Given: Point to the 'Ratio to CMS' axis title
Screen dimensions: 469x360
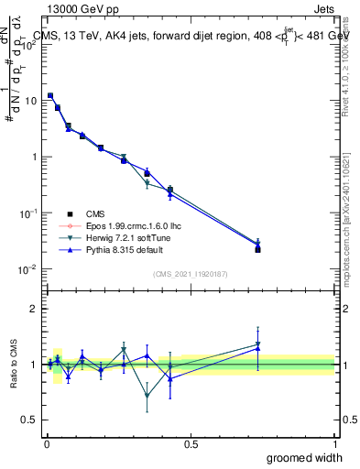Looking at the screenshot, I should click(x=14, y=364).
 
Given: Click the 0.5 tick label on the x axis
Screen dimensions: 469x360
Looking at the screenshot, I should click(x=191, y=443).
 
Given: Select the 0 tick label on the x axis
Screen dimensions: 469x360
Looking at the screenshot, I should click(x=47, y=443).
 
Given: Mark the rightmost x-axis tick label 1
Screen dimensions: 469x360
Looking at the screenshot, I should click(x=334, y=443).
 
